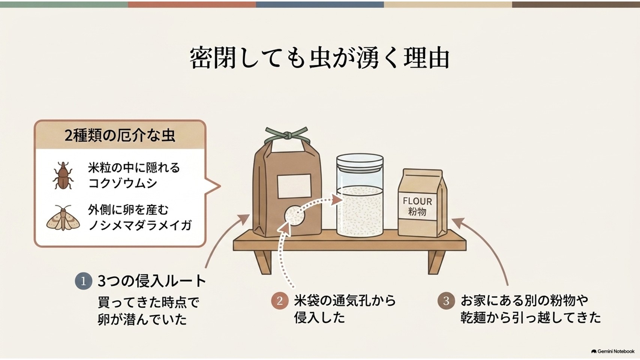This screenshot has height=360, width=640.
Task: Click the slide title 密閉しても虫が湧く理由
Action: tap(320, 58)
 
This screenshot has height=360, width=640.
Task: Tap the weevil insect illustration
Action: tap(63, 175)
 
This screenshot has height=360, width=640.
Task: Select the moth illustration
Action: tap(63, 218)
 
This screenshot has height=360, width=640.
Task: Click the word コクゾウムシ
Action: tap(123, 183)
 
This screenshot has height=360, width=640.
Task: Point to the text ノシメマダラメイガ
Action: tap(140, 225)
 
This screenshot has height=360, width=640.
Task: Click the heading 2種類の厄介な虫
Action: tap(120, 135)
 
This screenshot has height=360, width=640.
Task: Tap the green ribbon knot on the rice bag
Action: tap(287, 135)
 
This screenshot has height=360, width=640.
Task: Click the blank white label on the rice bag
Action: tap(294, 186)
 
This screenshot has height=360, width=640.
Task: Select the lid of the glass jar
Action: tap(360, 162)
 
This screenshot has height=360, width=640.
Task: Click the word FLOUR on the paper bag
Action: tap(417, 201)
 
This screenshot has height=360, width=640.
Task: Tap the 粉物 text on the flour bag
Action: tap(417, 212)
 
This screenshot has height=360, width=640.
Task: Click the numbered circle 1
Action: tap(84, 281)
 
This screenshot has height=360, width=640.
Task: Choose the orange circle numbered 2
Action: tap(280, 301)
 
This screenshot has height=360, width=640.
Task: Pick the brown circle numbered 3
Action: tap(446, 301)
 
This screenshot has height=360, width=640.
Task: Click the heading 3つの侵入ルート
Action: tap(152, 281)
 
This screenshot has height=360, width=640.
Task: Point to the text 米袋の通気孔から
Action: tap(345, 301)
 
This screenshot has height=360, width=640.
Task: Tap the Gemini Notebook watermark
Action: tap(613, 351)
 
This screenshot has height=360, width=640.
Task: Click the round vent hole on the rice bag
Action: tap(294, 216)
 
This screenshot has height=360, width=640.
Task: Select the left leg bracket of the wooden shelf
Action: tap(263, 262)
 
